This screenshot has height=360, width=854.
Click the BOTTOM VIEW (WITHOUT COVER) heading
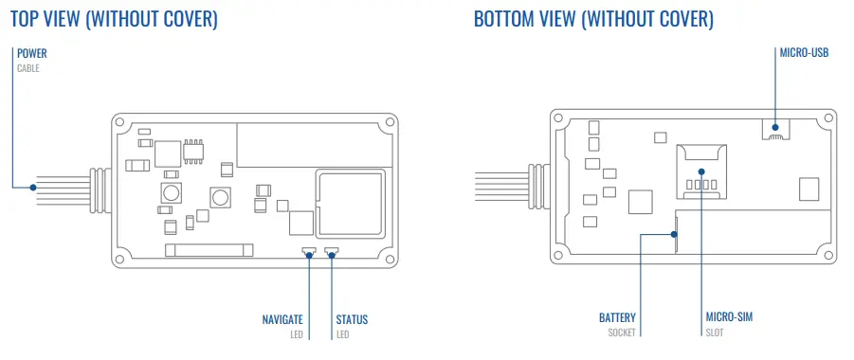pos(593,20)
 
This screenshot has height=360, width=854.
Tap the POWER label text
pos(32,53)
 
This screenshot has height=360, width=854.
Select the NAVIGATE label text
pos(282,319)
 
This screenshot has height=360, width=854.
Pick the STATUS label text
pos(352,319)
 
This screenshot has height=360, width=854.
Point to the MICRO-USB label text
pos(804,53)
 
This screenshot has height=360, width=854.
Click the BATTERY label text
pos(617,317)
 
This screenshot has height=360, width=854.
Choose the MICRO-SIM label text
pos(729,317)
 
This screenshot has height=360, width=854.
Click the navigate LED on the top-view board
pos(309,252)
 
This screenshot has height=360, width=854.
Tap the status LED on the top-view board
pos(332,252)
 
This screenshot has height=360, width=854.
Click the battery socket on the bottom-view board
pos(675,229)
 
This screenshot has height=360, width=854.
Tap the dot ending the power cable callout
pos(33,187)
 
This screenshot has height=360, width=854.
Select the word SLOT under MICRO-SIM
pos(714,333)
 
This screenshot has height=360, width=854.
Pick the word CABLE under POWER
pos(28,68)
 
